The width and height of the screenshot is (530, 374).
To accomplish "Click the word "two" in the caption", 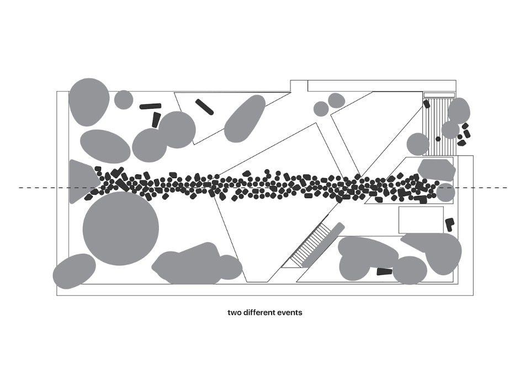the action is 234,313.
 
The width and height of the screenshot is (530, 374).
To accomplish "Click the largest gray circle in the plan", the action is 121,229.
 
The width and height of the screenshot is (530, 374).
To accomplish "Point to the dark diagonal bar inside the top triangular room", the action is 204,107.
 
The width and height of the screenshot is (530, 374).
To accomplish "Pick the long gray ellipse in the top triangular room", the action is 245,119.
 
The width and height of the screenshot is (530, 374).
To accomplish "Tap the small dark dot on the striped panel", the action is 438,139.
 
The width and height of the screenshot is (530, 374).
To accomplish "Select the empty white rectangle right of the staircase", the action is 421,220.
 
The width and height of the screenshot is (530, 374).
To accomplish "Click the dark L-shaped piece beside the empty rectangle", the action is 449,225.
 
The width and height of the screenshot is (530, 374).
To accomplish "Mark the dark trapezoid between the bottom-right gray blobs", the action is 384,271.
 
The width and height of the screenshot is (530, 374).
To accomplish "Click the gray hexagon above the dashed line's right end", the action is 436,170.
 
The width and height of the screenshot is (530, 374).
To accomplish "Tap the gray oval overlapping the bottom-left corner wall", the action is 75,271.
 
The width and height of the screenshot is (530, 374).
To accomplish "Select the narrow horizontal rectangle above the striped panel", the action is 439,95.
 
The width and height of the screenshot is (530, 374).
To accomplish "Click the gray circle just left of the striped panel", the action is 418,145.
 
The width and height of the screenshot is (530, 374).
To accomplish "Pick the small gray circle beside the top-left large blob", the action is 124,100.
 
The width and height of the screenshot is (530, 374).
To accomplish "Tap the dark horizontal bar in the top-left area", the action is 150,106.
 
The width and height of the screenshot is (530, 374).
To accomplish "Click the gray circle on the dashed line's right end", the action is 445,193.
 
